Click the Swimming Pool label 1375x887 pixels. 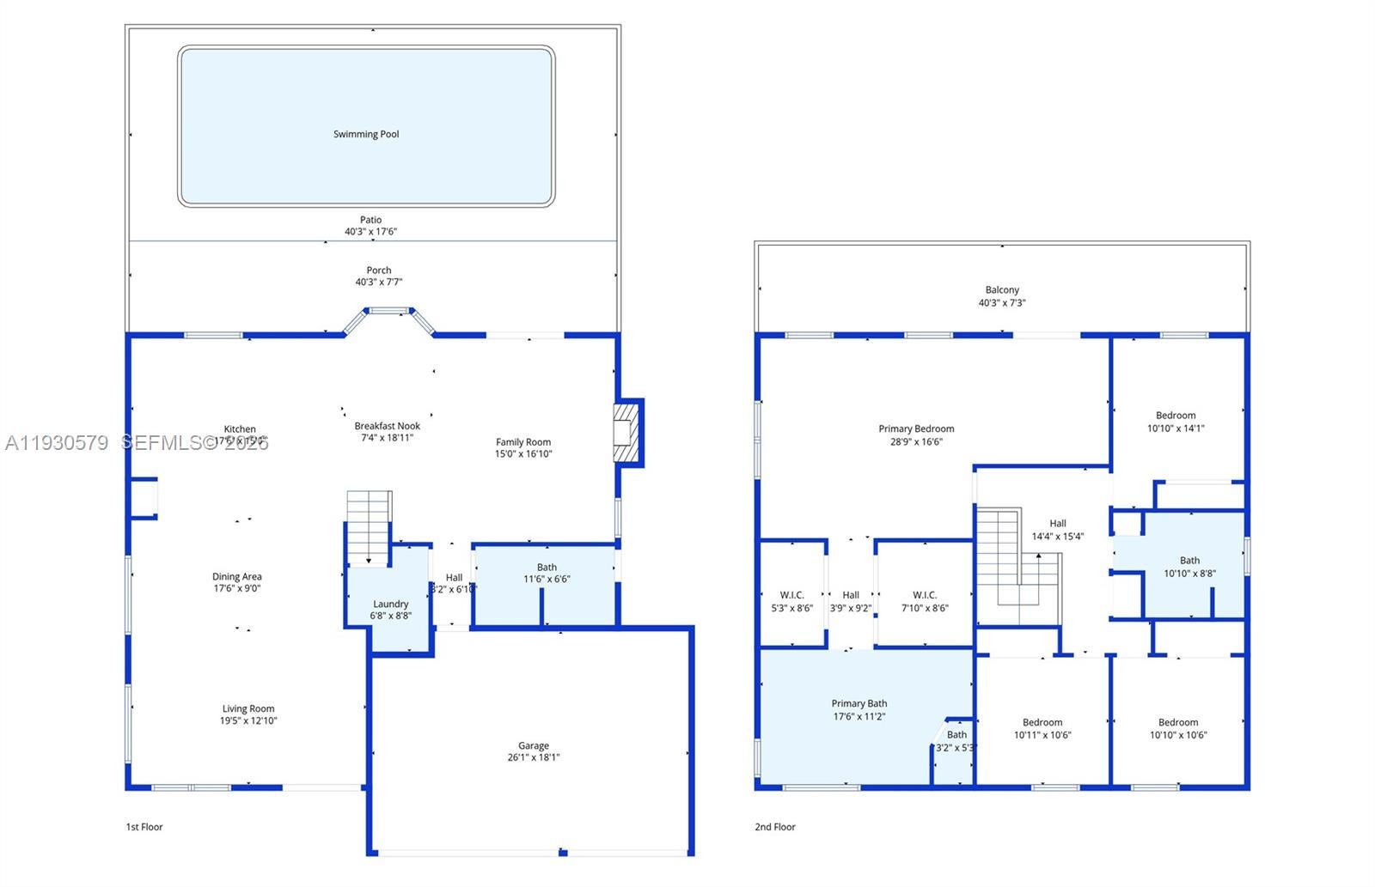[366, 134]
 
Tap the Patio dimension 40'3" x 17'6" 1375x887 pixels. [370, 232]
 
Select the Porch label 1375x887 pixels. [378, 270]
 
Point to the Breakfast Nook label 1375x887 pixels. [387, 426]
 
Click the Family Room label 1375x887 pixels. [522, 442]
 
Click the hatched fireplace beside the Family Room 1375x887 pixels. [628, 432]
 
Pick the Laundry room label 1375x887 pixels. [390, 604]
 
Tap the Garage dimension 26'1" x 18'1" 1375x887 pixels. [533, 757]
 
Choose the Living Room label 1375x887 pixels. [248, 709]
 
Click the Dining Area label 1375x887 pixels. [237, 577]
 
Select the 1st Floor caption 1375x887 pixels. [144, 827]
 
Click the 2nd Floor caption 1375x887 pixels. [775, 827]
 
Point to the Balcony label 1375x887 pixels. [1002, 290]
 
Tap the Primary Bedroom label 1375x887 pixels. [916, 428]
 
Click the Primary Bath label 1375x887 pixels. [859, 703]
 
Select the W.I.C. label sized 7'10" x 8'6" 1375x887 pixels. [925, 595]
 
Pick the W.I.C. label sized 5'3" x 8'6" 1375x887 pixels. [791, 595]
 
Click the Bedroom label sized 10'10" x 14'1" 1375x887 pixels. [1176, 416]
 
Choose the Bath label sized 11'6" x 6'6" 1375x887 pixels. [547, 567]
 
